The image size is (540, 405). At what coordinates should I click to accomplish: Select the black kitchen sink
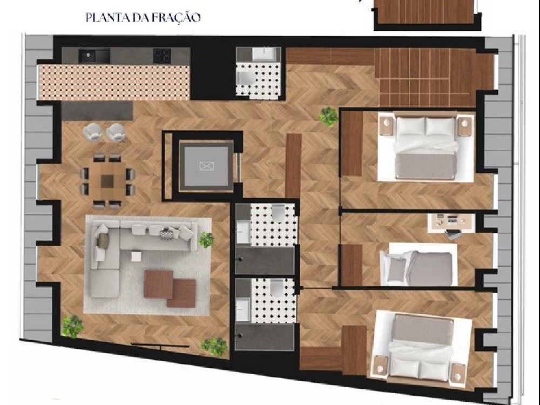[94, 56]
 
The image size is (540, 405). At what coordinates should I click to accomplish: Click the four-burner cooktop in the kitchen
[162, 56]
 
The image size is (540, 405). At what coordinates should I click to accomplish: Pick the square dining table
[107, 181]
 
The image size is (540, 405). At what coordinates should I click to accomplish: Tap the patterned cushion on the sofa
[167, 234]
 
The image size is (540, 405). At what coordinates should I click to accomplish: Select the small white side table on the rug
[137, 256]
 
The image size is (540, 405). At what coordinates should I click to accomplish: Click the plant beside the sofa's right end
[206, 239]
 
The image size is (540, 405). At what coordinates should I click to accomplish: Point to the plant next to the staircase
[328, 117]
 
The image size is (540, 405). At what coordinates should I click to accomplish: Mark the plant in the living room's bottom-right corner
[214, 346]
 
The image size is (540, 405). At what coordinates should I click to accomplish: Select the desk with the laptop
[451, 222]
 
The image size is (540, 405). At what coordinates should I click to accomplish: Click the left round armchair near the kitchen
[92, 132]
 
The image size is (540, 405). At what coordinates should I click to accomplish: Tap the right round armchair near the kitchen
[115, 132]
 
